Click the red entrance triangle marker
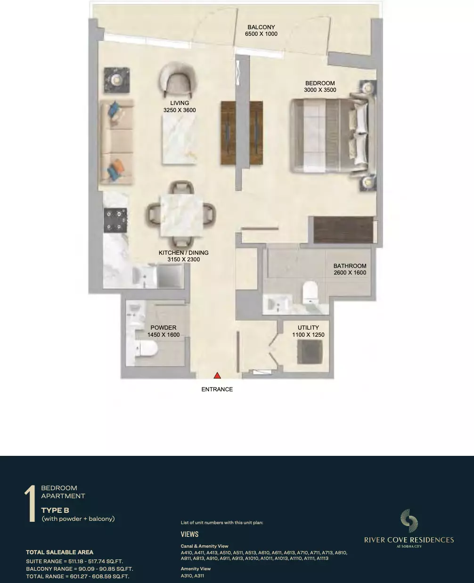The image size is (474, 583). click(217, 375)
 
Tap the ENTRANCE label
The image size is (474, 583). click(217, 389)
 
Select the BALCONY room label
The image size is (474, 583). click(261, 27)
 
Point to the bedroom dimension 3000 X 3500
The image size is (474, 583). click(320, 90)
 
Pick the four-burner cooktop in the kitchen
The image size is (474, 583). click(115, 220)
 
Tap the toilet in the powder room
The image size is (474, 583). click(146, 348)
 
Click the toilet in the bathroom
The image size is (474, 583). click(310, 292)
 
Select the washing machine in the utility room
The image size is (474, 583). click(310, 352)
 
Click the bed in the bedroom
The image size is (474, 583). click(333, 136)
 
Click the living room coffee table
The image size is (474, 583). click(179, 139)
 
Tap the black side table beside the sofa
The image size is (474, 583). click(117, 80)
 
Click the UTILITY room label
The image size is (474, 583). click(308, 328)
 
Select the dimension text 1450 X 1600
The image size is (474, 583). click(163, 335)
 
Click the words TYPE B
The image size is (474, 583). click(55, 510)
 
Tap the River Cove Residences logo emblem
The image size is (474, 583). click(409, 520)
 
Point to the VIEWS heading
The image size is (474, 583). click(189, 534)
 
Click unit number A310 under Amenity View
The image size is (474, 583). click(186, 575)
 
